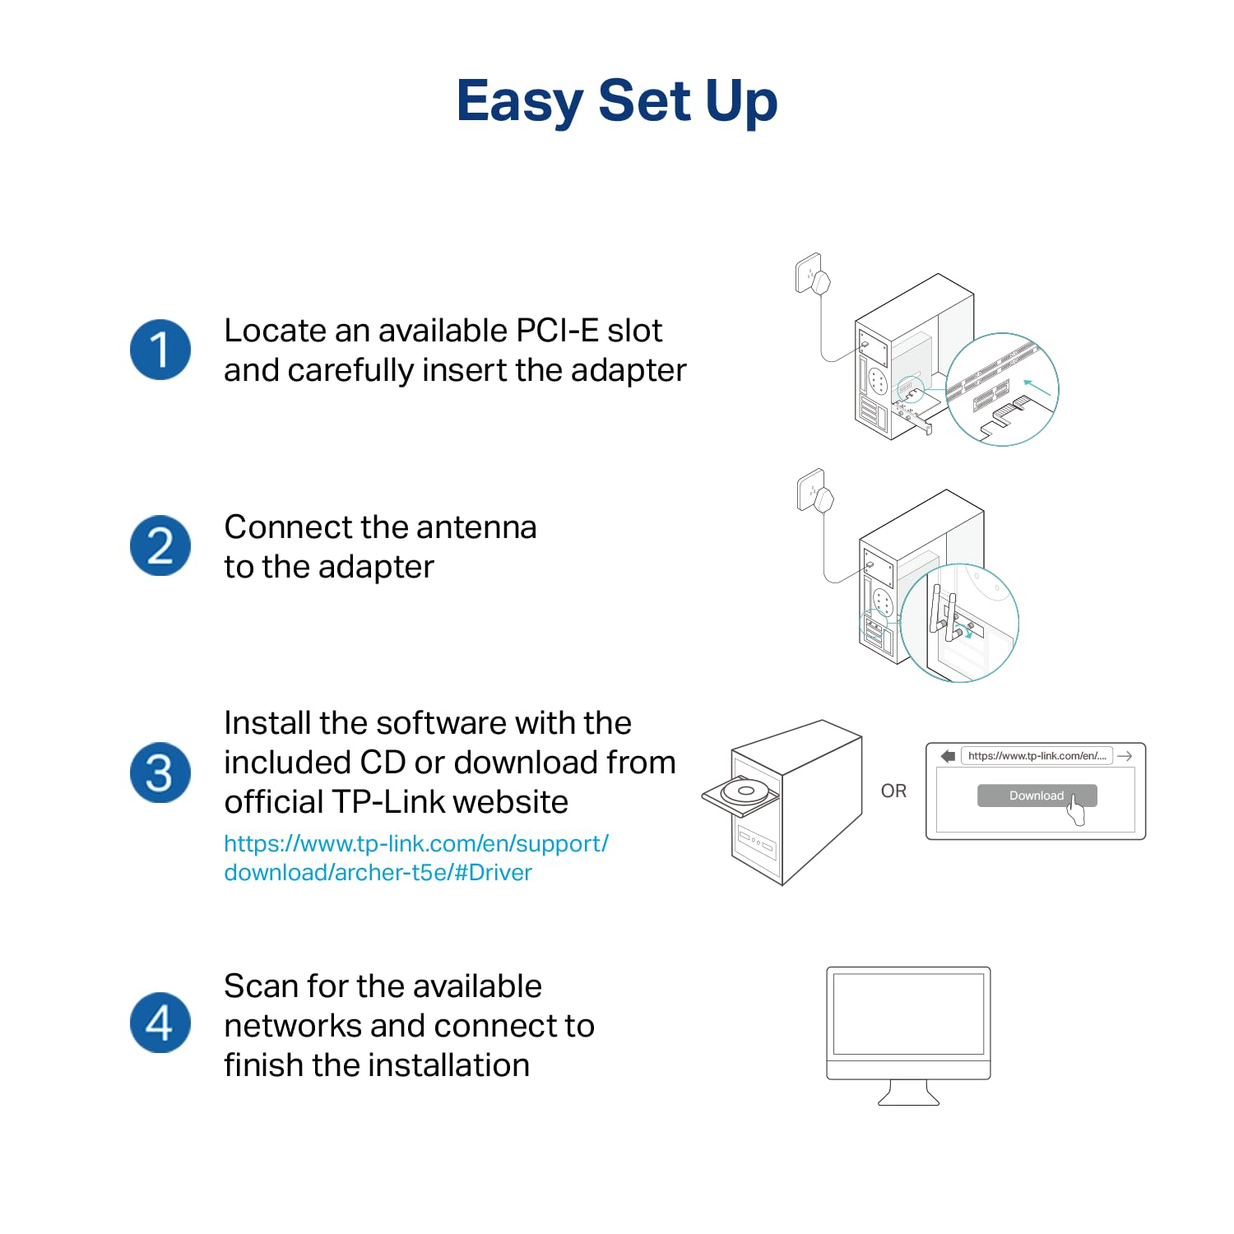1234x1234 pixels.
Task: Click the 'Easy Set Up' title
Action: point(616,100)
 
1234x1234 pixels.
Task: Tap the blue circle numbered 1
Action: point(160,350)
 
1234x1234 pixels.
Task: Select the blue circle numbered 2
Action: point(160,545)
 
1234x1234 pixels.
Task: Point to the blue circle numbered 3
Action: point(160,773)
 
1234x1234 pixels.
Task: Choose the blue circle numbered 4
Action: point(160,1023)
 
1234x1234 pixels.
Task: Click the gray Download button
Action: point(1036,796)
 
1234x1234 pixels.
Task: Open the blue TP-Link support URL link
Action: point(415,857)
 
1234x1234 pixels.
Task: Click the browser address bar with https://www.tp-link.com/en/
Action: point(1037,756)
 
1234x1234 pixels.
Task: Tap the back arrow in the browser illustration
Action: point(948,756)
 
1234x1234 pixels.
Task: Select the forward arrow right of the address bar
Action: point(1125,756)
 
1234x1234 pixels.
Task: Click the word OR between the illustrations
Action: point(893,791)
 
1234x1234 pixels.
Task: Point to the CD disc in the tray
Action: point(745,791)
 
